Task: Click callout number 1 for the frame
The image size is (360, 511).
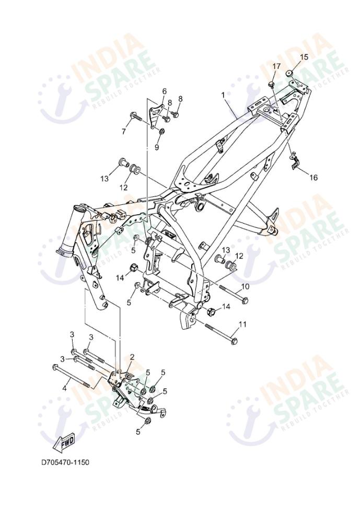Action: pyautogui.click(x=223, y=96)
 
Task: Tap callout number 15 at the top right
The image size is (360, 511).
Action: pyautogui.click(x=304, y=57)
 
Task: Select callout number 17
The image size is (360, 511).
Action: pyautogui.click(x=276, y=66)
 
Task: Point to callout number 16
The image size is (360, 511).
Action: pyautogui.click(x=313, y=178)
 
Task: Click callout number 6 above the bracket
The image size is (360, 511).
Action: pyautogui.click(x=164, y=91)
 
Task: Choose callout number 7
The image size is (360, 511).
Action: pyautogui.click(x=124, y=132)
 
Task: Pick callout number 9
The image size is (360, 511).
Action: pyautogui.click(x=156, y=147)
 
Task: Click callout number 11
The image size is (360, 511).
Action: pyautogui.click(x=242, y=324)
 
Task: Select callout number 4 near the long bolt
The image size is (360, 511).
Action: pyautogui.click(x=65, y=388)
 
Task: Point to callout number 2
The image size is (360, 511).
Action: pyautogui.click(x=132, y=357)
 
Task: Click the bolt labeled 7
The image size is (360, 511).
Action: pyautogui.click(x=135, y=117)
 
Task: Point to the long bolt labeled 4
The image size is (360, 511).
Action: pyautogui.click(x=73, y=376)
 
